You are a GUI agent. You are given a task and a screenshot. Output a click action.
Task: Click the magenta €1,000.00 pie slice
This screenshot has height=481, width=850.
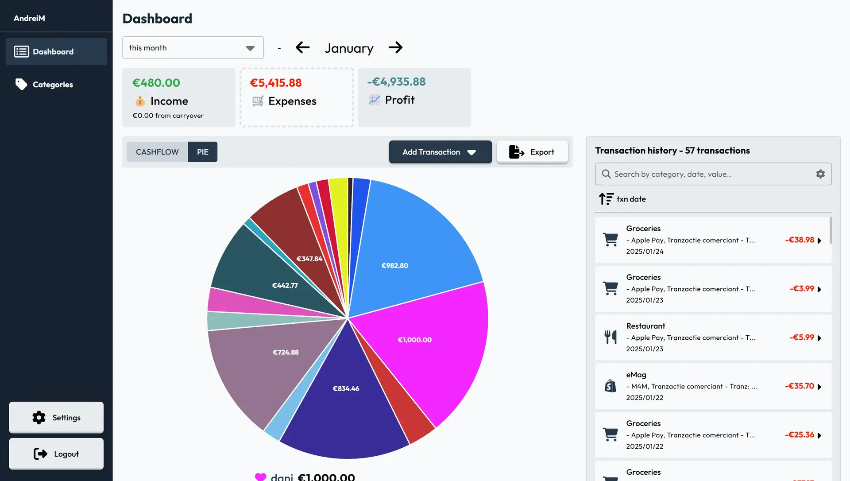425,345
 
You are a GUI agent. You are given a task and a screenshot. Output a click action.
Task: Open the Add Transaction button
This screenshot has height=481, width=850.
440,152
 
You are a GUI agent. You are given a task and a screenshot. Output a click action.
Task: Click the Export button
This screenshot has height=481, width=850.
532,152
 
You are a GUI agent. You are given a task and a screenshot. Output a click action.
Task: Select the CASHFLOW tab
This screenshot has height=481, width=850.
157,152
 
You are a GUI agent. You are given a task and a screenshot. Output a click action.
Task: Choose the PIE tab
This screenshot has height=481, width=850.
203,152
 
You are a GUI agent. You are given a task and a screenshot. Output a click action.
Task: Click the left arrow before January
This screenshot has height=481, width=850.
302,47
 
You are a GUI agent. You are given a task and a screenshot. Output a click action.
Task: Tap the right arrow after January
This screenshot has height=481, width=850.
396,47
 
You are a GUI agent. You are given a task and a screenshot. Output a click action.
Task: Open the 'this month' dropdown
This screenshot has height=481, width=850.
193,48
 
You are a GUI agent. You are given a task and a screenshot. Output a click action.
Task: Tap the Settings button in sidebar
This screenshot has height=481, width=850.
56,417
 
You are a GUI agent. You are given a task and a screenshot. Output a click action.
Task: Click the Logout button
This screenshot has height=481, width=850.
56,454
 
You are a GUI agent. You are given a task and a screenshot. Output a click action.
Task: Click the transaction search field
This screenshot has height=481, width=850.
713,174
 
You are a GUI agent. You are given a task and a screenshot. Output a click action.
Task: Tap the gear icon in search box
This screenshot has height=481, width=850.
820,174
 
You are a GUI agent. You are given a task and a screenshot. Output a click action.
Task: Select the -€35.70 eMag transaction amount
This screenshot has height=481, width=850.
800,386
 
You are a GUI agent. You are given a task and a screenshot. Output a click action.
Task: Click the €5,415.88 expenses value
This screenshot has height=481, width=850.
276,83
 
